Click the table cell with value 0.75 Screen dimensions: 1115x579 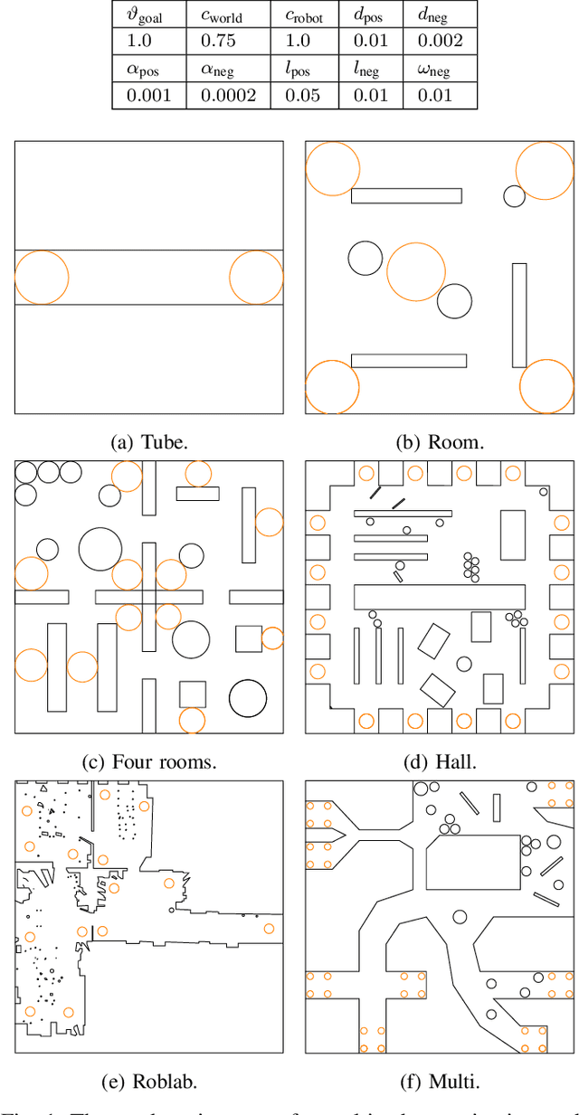pos(221,41)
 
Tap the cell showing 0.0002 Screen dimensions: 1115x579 pos(221,95)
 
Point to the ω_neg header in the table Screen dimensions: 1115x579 pos(439,70)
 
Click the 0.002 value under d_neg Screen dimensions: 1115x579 pos(439,41)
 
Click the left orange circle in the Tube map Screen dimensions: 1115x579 pos(42,278)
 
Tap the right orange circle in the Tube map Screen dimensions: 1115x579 pos(256,278)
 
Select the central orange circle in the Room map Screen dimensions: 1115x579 pos(416,271)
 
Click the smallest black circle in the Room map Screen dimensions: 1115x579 pos(514,195)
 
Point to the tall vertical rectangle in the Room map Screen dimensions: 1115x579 pos(519,315)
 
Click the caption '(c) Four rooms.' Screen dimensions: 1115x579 pos(149,761)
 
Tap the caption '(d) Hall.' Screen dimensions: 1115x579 pos(441,761)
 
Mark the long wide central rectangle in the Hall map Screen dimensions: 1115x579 pos(440,596)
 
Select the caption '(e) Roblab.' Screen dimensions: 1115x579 pos(149,1082)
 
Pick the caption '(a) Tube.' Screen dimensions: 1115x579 pos(149,442)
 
